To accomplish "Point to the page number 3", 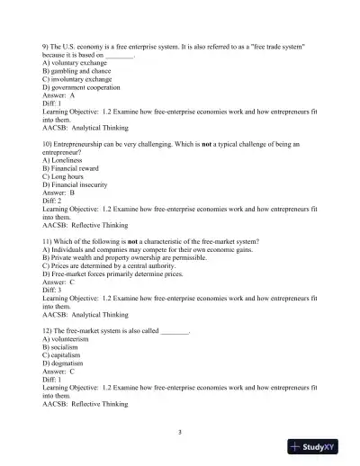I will [180, 431].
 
